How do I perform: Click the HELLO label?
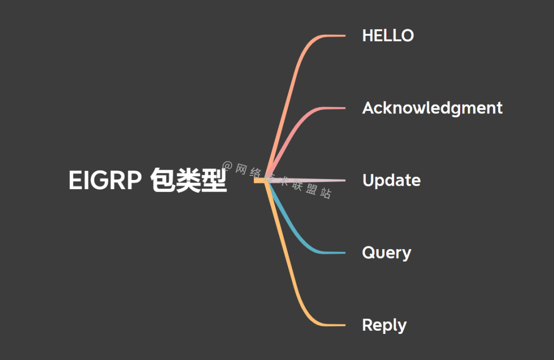click(388, 35)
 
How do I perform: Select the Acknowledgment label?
click(432, 108)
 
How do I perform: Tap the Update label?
click(391, 181)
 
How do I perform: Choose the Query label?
click(386, 253)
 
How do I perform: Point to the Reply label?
click(384, 325)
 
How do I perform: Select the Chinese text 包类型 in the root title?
click(189, 181)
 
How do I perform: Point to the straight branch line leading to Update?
click(318, 180)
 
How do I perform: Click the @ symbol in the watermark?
click(228, 166)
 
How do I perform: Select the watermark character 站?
click(326, 193)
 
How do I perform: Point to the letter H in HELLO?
click(368, 35)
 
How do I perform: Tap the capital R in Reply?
click(367, 325)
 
